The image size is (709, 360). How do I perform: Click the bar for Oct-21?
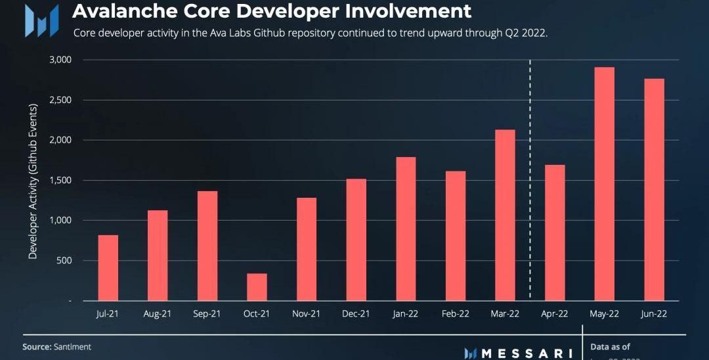[257, 287]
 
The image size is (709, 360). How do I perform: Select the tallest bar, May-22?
[604, 184]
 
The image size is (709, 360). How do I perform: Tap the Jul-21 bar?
[108, 267]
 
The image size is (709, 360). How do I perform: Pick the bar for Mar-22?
[505, 215]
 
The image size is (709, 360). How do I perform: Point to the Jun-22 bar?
[654, 189]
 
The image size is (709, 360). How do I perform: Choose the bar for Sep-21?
[207, 246]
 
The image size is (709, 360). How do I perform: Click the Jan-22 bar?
[406, 229]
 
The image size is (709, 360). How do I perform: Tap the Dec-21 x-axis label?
[356, 314]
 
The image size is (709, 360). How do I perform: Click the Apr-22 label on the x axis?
[555, 314]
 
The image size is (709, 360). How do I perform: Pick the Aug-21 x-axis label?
[158, 314]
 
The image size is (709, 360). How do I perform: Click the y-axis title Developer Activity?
[33, 181]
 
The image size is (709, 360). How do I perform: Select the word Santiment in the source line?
[73, 346]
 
